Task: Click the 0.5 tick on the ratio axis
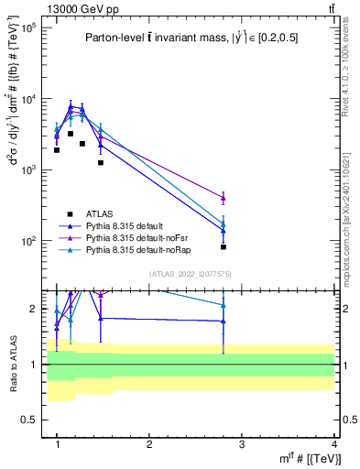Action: pos(36,420)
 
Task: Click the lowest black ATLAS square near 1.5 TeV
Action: pos(101,163)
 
